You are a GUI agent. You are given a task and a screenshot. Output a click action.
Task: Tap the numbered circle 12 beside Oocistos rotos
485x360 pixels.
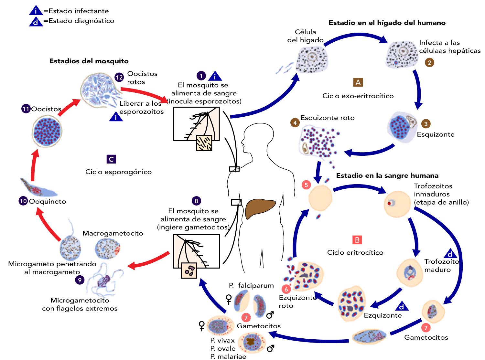pyautogui.click(x=119, y=77)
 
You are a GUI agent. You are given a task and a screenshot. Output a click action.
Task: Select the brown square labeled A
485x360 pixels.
pyautogui.click(x=358, y=82)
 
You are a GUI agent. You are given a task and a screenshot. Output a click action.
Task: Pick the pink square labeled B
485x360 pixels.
pyautogui.click(x=357, y=240)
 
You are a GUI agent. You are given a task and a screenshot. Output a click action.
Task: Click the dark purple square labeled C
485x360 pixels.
pyautogui.click(x=111, y=159)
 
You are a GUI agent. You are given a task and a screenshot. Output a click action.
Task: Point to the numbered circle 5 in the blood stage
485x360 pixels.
pyautogui.click(x=306, y=185)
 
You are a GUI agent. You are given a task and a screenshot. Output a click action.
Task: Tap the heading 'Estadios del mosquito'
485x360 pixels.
pyautogui.click(x=89, y=61)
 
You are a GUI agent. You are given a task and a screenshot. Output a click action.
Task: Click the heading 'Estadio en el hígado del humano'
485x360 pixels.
pyautogui.click(x=387, y=23)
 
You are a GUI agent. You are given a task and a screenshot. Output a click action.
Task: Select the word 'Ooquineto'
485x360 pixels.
pyautogui.click(x=48, y=201)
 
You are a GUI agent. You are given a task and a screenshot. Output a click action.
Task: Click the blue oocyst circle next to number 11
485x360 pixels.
pyautogui.click(x=47, y=132)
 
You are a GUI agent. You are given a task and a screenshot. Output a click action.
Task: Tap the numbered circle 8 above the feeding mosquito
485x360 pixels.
pyautogui.click(x=196, y=201)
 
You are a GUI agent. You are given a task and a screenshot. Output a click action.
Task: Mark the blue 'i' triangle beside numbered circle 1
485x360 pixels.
pyautogui.click(x=215, y=76)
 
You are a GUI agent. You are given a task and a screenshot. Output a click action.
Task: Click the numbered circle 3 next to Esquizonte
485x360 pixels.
pyautogui.click(x=426, y=124)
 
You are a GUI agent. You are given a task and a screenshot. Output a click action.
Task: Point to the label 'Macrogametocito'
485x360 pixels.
pyautogui.click(x=113, y=233)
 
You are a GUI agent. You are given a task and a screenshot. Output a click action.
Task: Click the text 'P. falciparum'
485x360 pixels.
pyautogui.click(x=251, y=285)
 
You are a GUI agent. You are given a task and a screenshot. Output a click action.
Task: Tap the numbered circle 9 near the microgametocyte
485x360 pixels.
pyautogui.click(x=80, y=280)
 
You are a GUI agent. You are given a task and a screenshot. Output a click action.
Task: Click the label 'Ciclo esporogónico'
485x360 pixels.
pyautogui.click(x=118, y=172)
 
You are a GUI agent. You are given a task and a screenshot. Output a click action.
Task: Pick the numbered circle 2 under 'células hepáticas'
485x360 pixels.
pyautogui.click(x=429, y=62)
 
